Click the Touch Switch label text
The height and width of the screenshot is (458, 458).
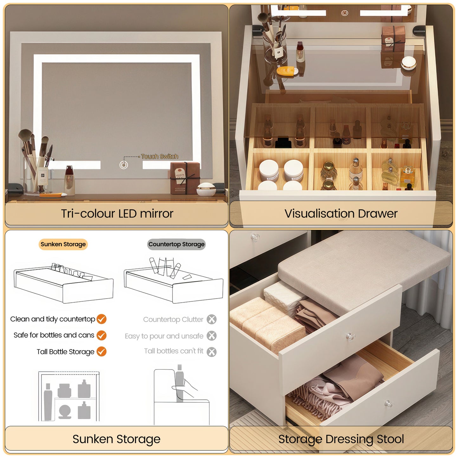(159, 156)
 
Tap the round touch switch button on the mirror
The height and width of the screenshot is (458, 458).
(124, 165)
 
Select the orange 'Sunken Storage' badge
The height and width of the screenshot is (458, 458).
(63, 244)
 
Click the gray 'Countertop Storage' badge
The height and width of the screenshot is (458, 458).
(176, 244)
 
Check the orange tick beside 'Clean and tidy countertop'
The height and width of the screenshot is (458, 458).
(101, 319)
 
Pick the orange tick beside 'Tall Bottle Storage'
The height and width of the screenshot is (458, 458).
(101, 352)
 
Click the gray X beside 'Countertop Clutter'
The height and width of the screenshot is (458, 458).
(211, 319)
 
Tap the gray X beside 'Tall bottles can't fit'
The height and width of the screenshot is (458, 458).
(211, 352)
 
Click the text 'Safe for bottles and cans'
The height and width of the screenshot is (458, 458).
(54, 335)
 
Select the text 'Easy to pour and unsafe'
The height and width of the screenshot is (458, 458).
(164, 336)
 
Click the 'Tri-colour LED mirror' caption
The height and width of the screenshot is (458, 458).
(117, 214)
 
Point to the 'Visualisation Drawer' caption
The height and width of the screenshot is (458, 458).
(341, 214)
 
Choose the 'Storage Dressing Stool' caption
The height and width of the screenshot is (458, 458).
(341, 439)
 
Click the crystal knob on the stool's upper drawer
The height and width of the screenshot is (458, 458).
(350, 337)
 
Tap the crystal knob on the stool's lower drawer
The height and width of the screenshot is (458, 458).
(389, 404)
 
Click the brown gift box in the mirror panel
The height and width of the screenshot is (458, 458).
(185, 177)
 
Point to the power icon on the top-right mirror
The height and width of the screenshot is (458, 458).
(345, 13)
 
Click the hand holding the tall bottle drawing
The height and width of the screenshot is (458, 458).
(184, 388)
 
